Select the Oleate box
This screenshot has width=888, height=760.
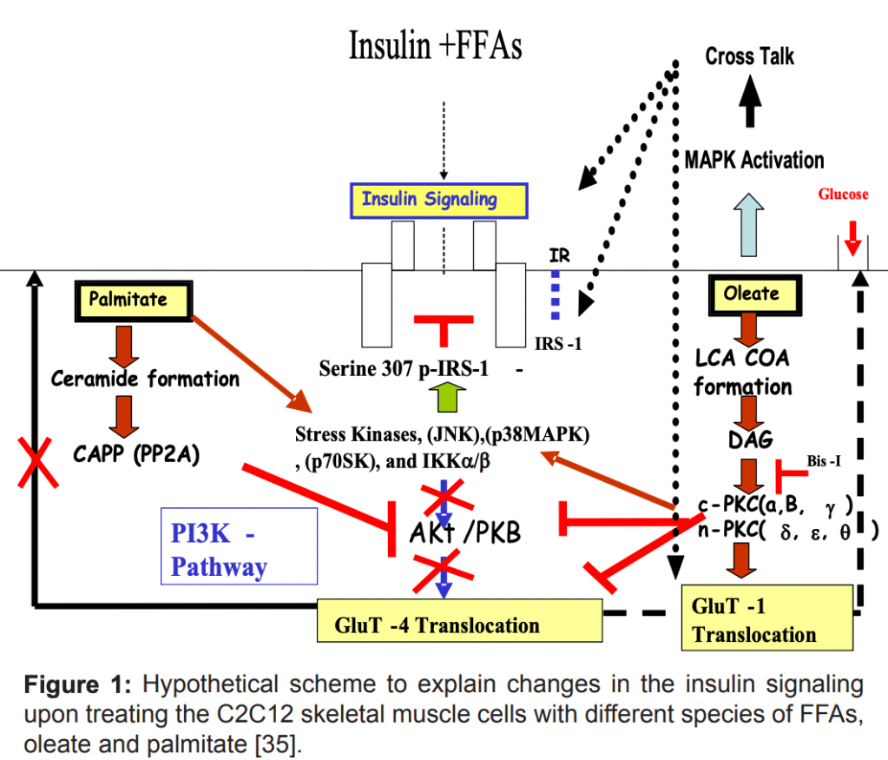click(x=752, y=294)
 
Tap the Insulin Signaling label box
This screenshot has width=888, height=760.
click(x=429, y=200)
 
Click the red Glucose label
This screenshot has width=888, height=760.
click(x=842, y=195)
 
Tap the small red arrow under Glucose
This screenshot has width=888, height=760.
click(x=852, y=237)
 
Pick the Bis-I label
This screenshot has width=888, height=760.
click(x=823, y=461)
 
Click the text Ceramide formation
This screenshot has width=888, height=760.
click(x=145, y=379)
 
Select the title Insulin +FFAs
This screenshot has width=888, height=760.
click(x=435, y=45)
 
